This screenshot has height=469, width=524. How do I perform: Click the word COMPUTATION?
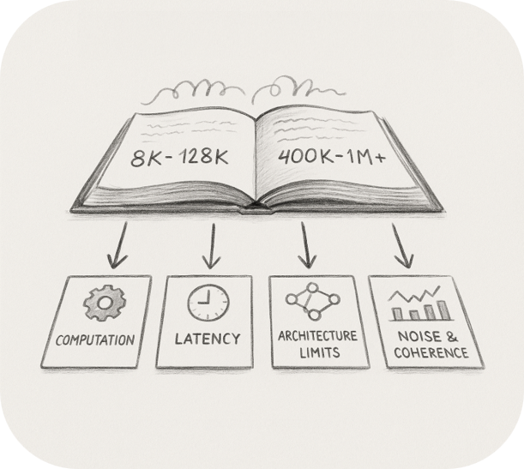(x=95, y=340)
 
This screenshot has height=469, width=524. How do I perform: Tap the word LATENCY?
(x=208, y=339)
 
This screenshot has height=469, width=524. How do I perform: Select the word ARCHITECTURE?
(x=313, y=336)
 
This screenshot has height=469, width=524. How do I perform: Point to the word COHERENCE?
(x=426, y=352)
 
